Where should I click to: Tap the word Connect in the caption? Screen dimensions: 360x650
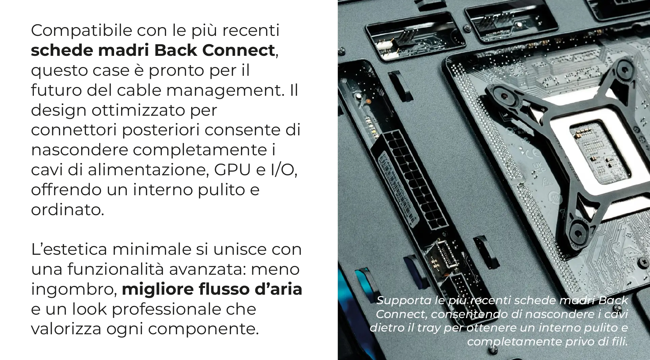pyautogui.click(x=400, y=314)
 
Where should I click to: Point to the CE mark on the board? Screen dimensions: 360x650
pyautogui.click(x=533, y=153)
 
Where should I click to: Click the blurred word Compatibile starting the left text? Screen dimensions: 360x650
pyautogui.click(x=81, y=31)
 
